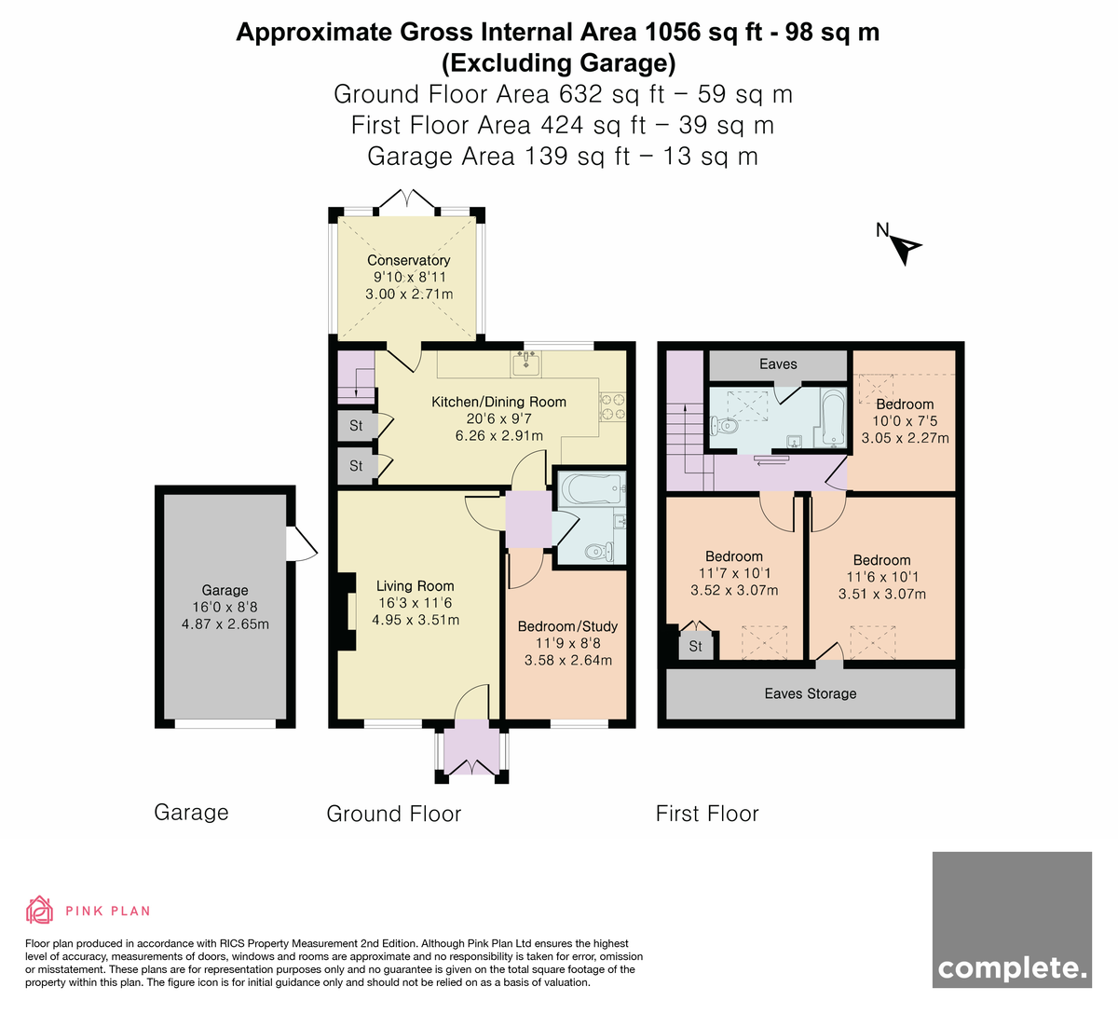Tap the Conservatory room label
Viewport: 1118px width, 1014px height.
[408, 260]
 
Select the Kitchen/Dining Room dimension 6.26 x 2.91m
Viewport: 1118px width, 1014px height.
[498, 435]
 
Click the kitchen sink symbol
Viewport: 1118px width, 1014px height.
[525, 363]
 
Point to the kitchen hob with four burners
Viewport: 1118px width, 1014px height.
[612, 406]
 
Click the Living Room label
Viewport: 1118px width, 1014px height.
[416, 585]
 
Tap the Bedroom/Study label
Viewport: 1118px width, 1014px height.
[567, 626]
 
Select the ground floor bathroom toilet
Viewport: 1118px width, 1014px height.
[599, 552]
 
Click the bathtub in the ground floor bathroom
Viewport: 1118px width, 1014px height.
[593, 488]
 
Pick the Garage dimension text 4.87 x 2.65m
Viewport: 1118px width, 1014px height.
[225, 623]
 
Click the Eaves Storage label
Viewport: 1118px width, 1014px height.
[811, 693]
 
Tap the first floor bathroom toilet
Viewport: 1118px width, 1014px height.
[724, 427]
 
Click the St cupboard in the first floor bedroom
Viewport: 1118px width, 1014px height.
[695, 646]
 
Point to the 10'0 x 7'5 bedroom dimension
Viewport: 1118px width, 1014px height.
[905, 421]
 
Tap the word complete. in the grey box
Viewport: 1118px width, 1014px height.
[1012, 967]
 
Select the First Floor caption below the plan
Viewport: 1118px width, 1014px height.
[707, 814]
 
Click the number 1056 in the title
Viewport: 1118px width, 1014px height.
[672, 33]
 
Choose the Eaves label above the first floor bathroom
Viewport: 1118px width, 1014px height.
[778, 364]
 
